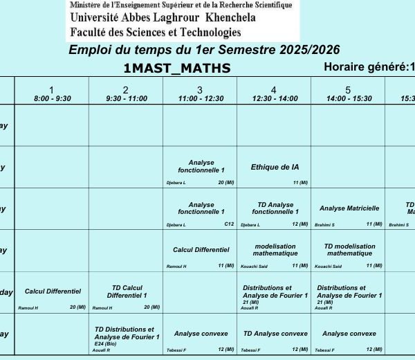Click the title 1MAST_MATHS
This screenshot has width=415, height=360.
176,68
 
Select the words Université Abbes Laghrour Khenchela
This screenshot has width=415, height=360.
163,18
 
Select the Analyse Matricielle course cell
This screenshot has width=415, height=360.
349,208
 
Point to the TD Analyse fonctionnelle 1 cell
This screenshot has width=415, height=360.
275,208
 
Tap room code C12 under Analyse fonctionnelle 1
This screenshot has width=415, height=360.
229,224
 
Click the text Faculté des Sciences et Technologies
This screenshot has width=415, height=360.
155,32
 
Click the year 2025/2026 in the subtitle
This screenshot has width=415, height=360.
304,50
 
